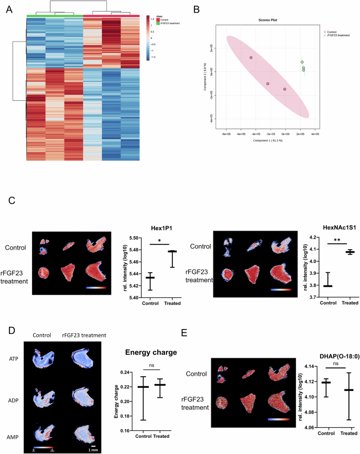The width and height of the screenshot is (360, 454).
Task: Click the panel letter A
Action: point(9,10)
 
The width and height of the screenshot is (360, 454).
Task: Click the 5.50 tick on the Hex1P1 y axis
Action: point(120,223)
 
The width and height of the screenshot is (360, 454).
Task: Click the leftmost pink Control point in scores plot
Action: point(251,58)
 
